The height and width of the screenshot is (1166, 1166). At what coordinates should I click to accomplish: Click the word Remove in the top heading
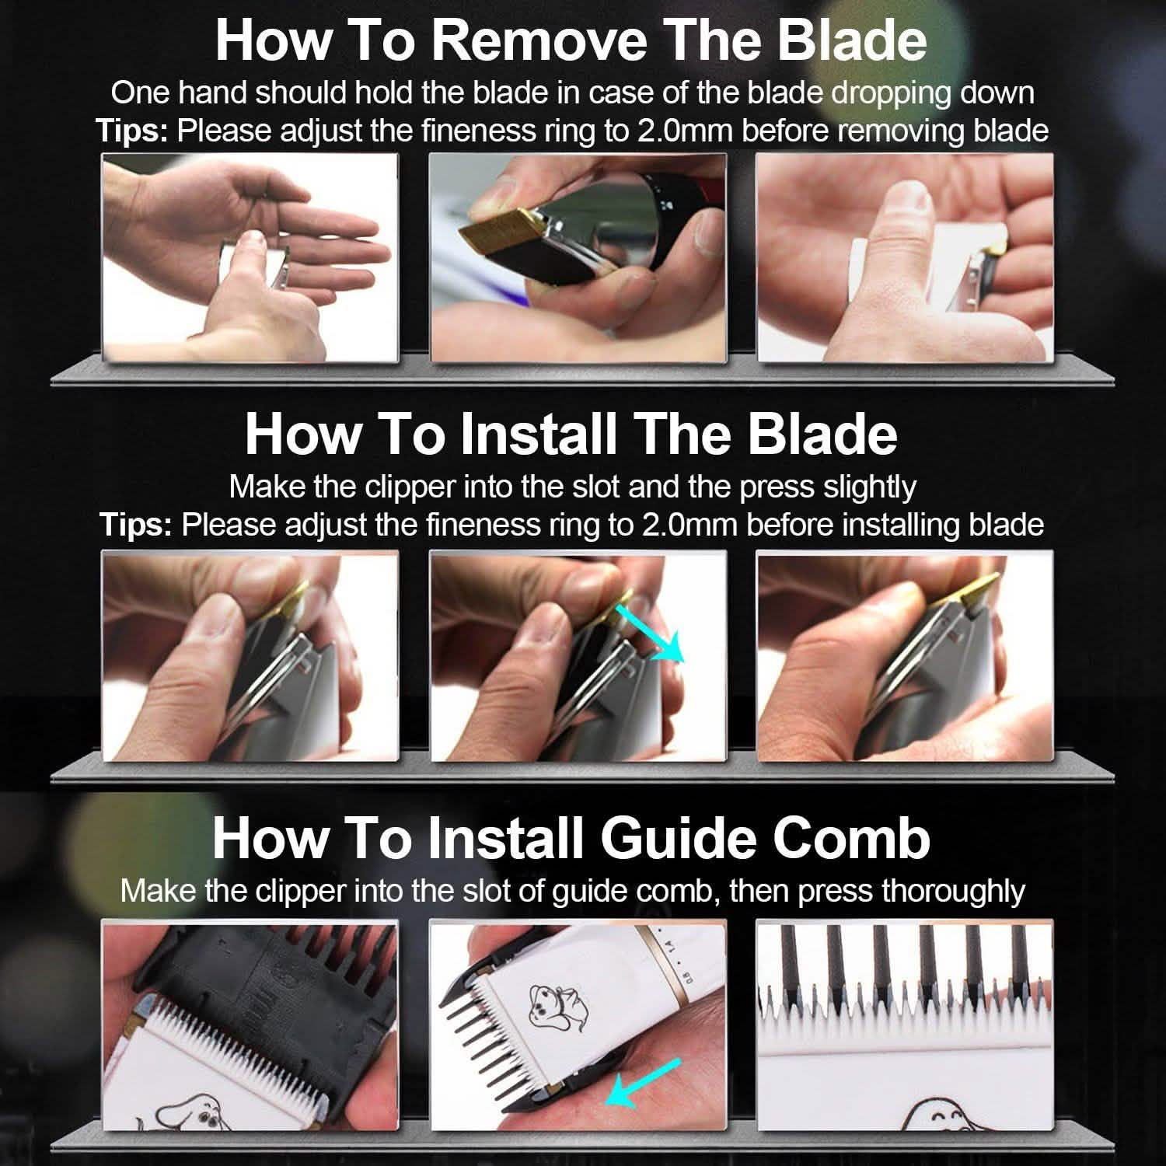[539, 40]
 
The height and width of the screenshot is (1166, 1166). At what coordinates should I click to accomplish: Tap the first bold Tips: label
[132, 131]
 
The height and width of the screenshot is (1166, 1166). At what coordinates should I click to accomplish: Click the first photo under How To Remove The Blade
[250, 257]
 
